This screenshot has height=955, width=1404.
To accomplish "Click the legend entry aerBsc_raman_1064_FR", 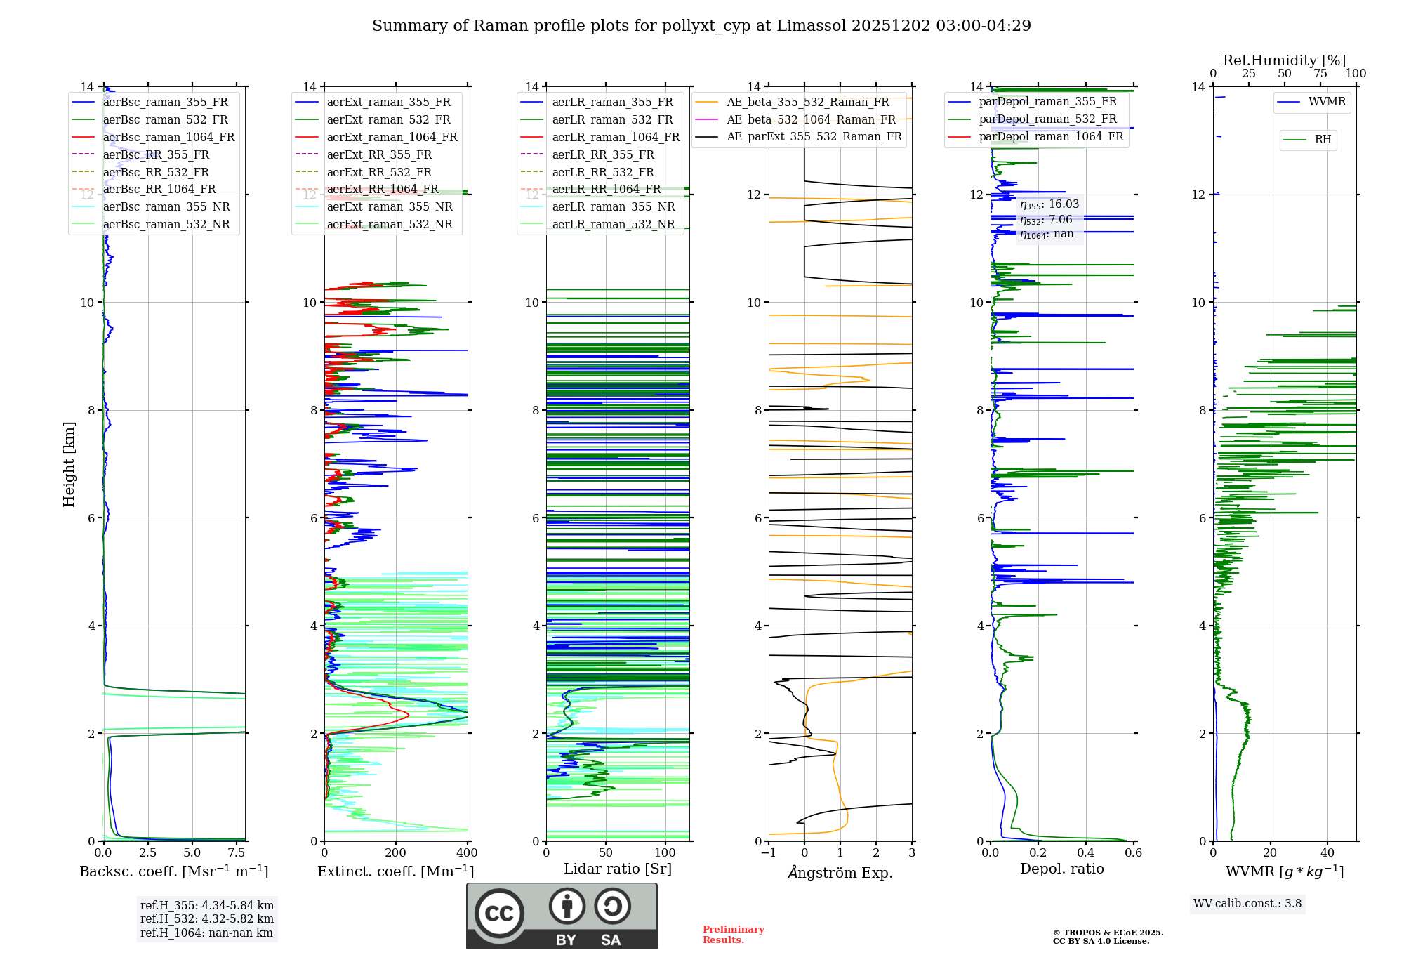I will coord(168,137).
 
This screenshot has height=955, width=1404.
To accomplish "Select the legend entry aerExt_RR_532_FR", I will coord(379,172).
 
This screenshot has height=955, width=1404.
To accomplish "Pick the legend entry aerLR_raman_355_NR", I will coord(613,206).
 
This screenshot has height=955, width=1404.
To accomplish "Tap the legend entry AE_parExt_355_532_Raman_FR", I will coord(814,136).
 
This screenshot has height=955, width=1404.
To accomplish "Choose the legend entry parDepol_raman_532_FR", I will coord(1047,119).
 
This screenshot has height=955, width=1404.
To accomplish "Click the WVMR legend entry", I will coord(1327,102).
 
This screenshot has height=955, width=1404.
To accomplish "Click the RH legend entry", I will coord(1323,140).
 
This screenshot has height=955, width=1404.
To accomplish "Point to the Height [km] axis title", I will coord(69,464).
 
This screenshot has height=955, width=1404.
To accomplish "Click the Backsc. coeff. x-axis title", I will coord(173,871).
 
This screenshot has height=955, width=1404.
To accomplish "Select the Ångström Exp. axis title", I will coord(840,872).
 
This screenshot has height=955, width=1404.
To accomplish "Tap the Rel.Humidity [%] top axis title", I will coord(1284,60).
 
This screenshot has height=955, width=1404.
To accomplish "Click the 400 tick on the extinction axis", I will coord(468,853).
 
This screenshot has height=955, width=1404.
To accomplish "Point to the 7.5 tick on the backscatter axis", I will coord(237,853).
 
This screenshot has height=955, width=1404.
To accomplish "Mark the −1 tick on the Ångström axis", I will coord(769,853).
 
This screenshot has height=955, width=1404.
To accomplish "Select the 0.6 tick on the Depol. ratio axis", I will coord(1134,853).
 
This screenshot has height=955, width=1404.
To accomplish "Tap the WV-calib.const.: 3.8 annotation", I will coord(1247,904).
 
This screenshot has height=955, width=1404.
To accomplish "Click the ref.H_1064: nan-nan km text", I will coord(206,933).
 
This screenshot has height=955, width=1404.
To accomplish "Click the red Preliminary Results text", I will coord(733,935).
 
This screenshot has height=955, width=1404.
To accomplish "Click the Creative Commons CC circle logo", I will coord(499,914).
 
